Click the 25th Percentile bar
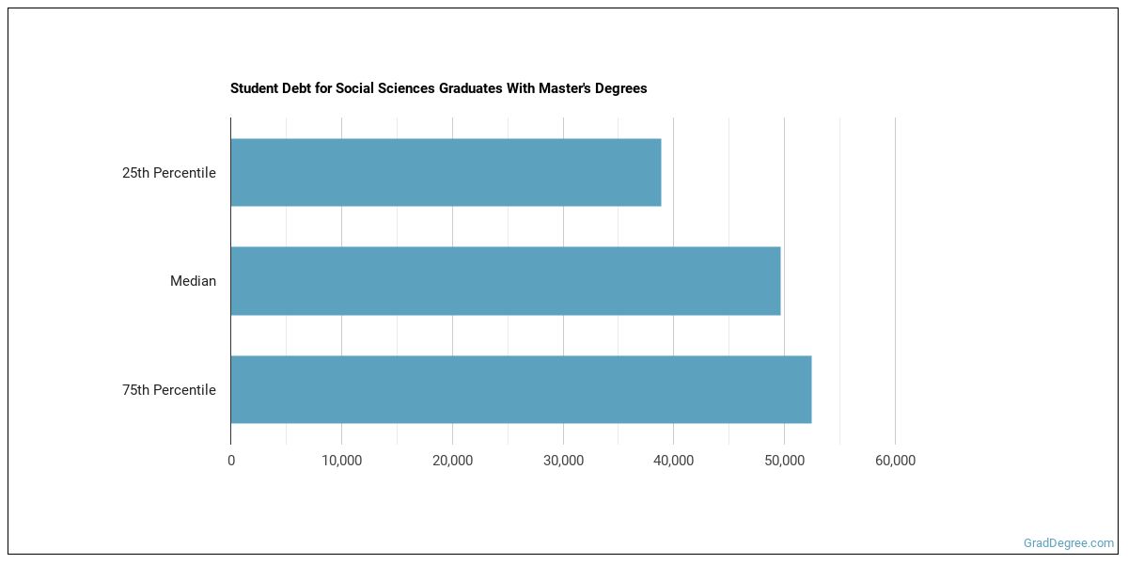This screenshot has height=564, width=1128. [446, 173]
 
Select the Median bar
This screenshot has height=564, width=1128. [505, 281]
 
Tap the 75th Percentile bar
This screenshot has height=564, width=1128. [521, 389]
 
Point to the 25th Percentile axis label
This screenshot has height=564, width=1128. [169, 173]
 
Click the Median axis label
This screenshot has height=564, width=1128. [193, 281]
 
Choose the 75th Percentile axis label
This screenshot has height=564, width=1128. [169, 390]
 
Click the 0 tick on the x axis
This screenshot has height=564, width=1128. [231, 461]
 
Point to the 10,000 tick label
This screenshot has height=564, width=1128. [341, 461]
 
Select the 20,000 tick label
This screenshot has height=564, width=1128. [452, 461]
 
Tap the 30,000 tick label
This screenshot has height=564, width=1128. [563, 461]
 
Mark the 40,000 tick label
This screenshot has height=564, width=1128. [673, 461]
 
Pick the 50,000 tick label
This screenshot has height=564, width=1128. [784, 461]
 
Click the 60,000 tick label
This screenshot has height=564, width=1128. [895, 461]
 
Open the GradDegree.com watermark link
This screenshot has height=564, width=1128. [1068, 542]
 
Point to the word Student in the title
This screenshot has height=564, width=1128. [252, 88]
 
